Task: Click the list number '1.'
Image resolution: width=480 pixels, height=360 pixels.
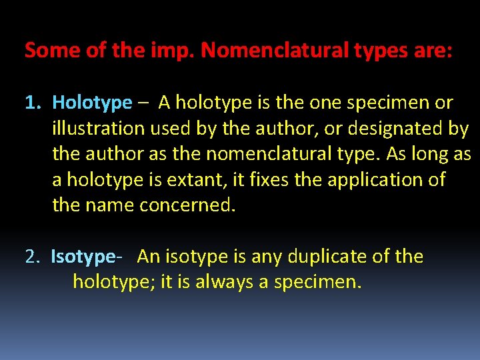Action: click(x=33, y=103)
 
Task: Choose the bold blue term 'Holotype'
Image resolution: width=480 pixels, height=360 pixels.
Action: click(x=92, y=103)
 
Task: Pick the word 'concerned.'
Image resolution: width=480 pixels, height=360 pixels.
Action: click(x=187, y=205)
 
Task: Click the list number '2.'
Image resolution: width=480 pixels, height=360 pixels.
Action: click(x=33, y=257)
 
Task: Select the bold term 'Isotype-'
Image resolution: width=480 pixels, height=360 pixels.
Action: click(x=86, y=257)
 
